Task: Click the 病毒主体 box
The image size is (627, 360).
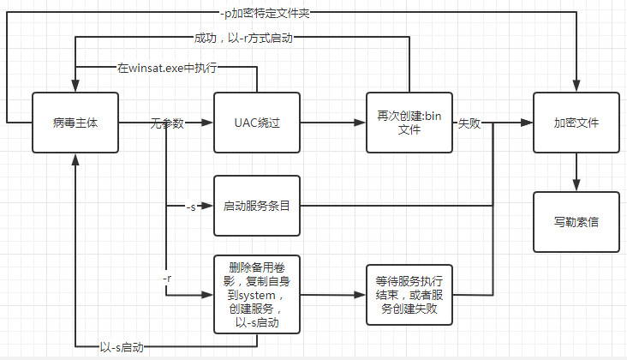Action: click(75, 123)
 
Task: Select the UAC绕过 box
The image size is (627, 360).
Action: click(257, 123)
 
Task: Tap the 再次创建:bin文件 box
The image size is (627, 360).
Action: click(409, 123)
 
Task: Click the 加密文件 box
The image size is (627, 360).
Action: click(576, 123)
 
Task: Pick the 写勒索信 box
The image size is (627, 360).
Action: click(576, 222)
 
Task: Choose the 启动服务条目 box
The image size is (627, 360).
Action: click(257, 207)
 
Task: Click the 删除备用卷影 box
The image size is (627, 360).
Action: click(257, 294)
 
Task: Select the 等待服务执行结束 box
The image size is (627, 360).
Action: click(409, 294)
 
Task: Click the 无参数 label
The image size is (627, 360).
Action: click(167, 123)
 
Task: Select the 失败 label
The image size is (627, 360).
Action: click(469, 123)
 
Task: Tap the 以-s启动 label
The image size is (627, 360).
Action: click(121, 346)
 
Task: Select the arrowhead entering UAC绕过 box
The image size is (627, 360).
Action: click(208, 123)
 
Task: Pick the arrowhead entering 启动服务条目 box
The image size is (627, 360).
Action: click(208, 207)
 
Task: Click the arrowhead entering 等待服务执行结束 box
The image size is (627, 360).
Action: click(361, 294)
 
